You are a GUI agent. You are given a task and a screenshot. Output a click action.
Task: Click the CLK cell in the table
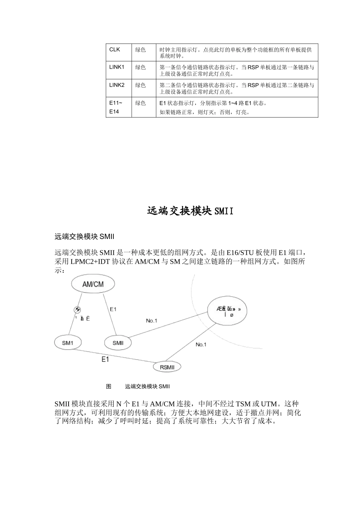pos(114,50)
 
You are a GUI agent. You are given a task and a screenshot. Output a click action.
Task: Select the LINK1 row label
pos(117,67)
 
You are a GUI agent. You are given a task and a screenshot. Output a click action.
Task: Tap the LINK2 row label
pos(117,85)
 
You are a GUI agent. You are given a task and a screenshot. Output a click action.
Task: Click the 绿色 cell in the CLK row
pos(141,50)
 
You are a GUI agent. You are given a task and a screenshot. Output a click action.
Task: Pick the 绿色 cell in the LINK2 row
pos(141,85)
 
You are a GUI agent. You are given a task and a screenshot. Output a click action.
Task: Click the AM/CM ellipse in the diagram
pos(93,284)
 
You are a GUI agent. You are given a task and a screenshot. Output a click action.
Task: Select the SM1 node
pos(67,343)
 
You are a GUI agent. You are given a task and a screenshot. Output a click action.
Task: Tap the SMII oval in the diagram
pos(118,343)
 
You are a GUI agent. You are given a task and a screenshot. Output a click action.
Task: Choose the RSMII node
pos(167,367)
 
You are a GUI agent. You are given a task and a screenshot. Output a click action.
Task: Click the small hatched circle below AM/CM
pos(77,309)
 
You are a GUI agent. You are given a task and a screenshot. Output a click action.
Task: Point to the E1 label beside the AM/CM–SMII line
pos(113,309)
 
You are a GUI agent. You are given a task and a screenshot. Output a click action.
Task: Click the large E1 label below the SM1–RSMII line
pos(105,359)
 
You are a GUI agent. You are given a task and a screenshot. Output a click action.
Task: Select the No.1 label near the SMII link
pos(152,321)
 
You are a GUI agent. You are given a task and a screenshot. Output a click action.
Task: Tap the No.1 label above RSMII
pos(201,344)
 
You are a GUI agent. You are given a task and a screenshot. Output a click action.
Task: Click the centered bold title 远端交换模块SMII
pos(190,211)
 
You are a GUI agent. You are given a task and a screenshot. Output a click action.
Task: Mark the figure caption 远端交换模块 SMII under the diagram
pos(147,386)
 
